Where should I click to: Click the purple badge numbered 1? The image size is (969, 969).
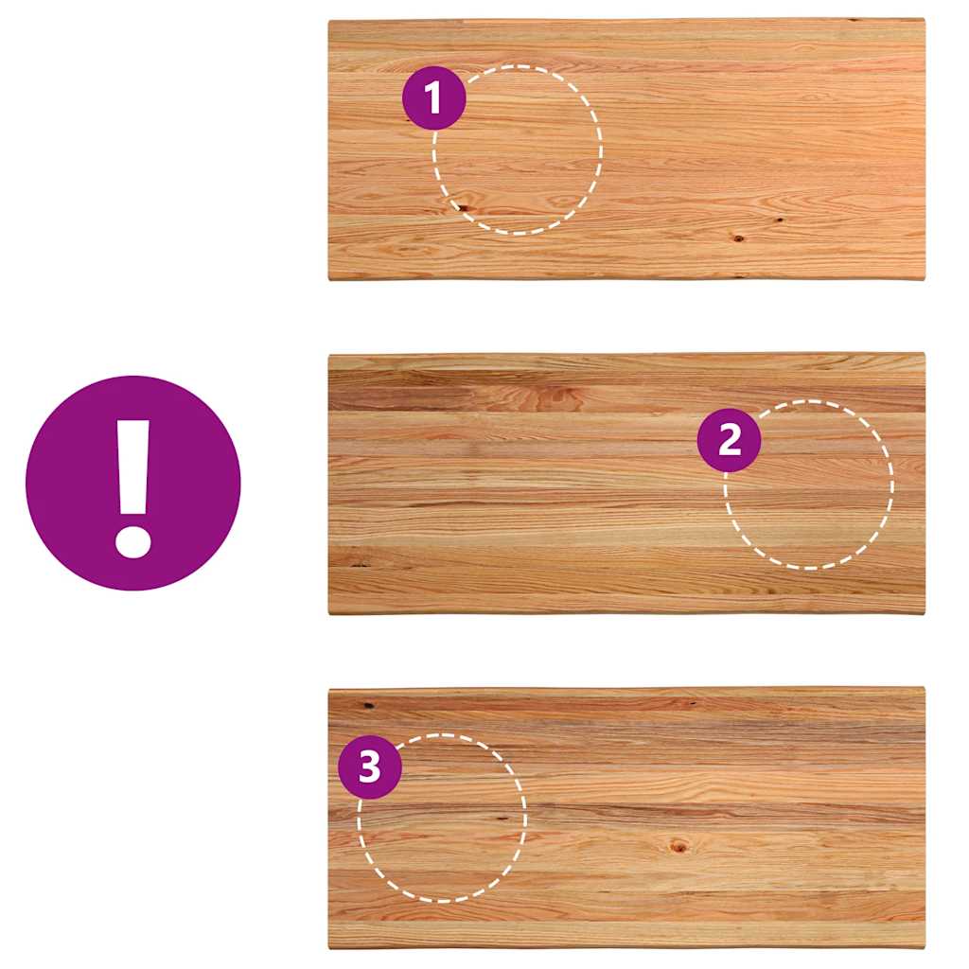[433, 97]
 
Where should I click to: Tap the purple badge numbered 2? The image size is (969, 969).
[730, 440]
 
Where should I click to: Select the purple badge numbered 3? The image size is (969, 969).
[370, 766]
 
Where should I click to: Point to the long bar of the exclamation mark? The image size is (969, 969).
[133, 467]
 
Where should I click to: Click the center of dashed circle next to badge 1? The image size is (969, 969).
[518, 150]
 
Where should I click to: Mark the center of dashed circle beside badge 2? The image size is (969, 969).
[809, 484]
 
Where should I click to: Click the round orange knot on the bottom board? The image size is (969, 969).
[678, 845]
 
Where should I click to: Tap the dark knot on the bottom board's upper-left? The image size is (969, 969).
[368, 705]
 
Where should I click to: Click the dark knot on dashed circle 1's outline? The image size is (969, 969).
[462, 207]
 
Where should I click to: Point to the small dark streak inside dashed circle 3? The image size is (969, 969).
[502, 819]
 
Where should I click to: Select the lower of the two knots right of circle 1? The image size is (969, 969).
[738, 238]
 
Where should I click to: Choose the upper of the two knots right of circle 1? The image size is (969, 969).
[780, 220]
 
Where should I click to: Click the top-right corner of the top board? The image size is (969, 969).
[925, 20]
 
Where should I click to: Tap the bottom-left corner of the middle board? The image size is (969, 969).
[328, 613]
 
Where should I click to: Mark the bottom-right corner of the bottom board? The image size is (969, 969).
[925, 946]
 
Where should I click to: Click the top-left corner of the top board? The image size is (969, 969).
[328, 22]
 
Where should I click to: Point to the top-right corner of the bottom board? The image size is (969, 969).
[925, 688]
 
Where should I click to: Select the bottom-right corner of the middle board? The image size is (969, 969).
[925, 613]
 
